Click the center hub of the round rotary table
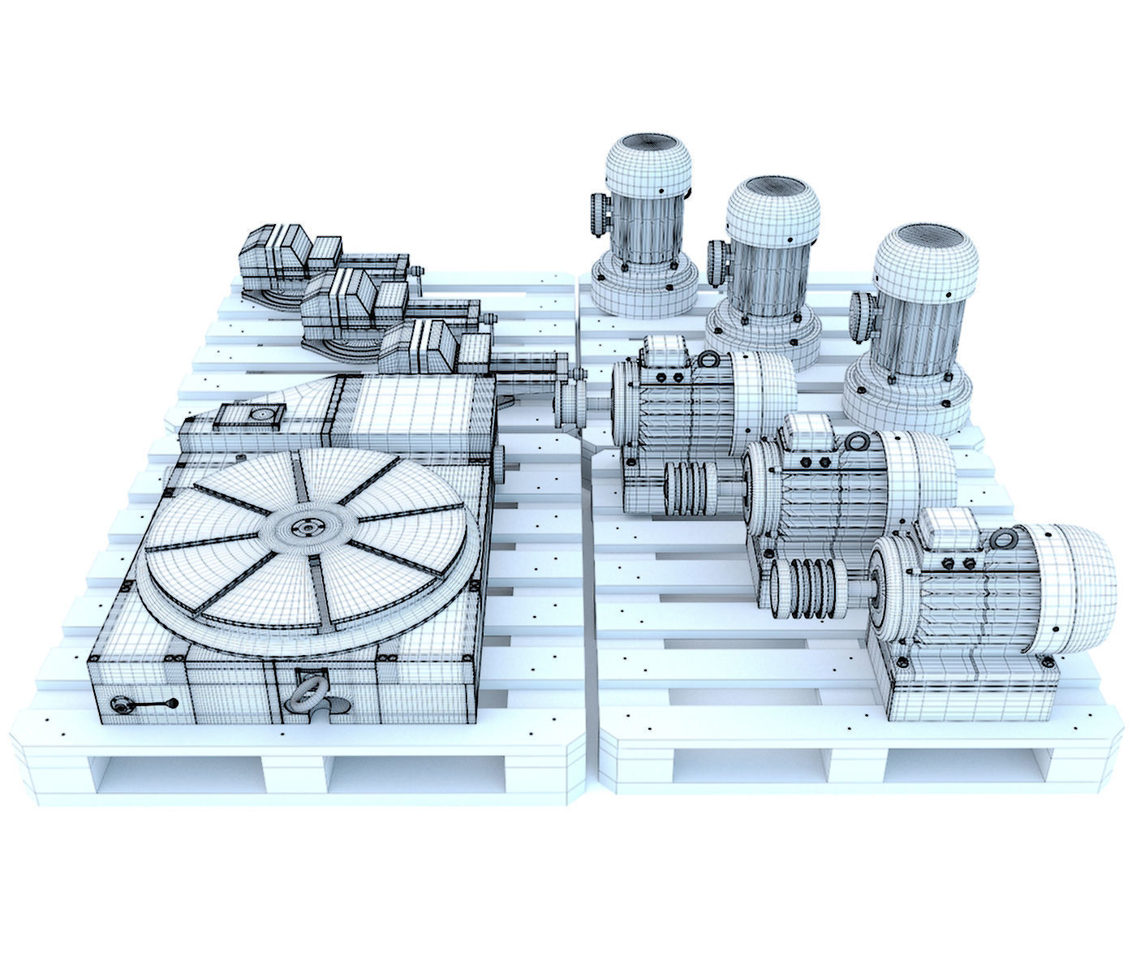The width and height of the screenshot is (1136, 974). point(309,528)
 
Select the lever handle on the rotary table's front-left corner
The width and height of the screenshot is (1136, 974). point(146,705)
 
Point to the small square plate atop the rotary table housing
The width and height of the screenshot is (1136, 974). point(247,416)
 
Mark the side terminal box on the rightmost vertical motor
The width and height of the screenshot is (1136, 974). point(863,318)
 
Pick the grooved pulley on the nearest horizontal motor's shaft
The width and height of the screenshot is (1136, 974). point(807,590)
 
